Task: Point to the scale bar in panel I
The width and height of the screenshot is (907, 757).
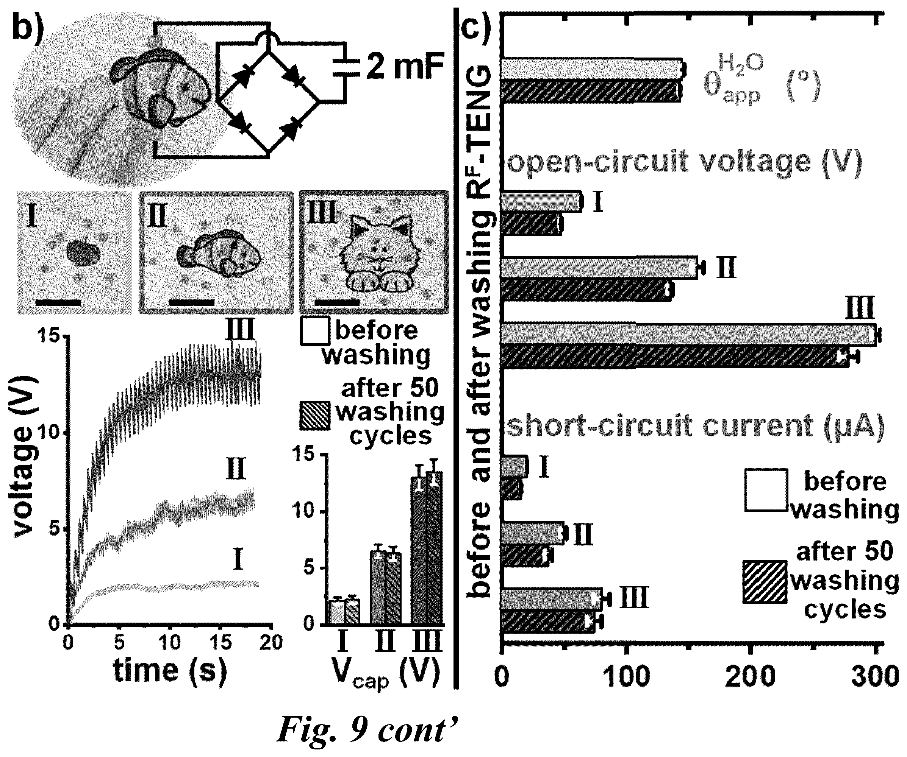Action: [58, 302]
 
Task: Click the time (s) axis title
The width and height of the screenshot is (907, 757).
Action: [170, 671]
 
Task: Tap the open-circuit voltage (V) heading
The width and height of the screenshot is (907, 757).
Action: [685, 162]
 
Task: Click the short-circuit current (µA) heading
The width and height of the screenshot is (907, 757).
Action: [695, 427]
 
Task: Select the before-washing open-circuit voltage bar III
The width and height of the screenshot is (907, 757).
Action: [689, 335]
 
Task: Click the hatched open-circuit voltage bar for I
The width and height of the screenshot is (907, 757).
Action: [532, 224]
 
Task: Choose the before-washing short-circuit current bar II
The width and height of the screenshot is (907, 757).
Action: [533, 533]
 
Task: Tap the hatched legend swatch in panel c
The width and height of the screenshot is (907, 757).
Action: [764, 581]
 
